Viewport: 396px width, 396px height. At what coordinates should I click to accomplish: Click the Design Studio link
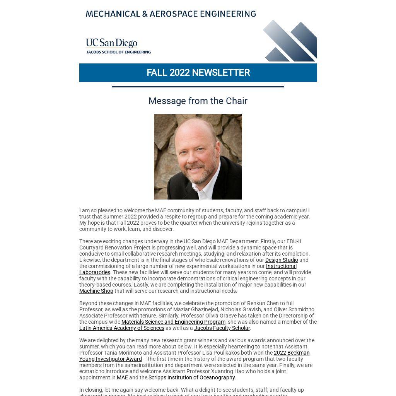click(x=281, y=260)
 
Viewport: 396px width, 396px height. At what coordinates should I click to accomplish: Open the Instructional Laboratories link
click(x=281, y=266)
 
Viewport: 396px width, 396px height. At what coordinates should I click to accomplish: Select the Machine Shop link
click(x=96, y=291)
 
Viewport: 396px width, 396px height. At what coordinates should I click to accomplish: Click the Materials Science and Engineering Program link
click(x=173, y=322)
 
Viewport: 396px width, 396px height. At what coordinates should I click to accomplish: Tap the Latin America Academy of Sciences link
click(x=121, y=328)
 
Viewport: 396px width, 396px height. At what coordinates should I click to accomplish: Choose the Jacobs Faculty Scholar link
click(x=222, y=328)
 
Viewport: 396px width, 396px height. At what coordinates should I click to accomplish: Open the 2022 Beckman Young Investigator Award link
click(x=291, y=353)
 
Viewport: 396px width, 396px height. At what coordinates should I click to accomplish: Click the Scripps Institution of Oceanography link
click(x=191, y=377)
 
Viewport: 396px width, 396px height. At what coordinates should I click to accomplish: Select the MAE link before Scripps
click(x=122, y=377)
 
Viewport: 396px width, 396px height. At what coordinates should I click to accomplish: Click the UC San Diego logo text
click(x=111, y=43)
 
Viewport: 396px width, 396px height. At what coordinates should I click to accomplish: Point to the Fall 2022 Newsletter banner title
click(x=198, y=73)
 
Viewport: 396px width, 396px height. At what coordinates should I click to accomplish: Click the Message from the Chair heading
click(x=198, y=101)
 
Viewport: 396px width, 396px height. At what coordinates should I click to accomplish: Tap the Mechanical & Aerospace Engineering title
click(x=171, y=14)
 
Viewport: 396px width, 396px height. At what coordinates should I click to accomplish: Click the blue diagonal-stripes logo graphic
click(x=291, y=41)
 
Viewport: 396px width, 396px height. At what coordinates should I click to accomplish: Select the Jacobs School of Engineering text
click(x=118, y=52)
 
